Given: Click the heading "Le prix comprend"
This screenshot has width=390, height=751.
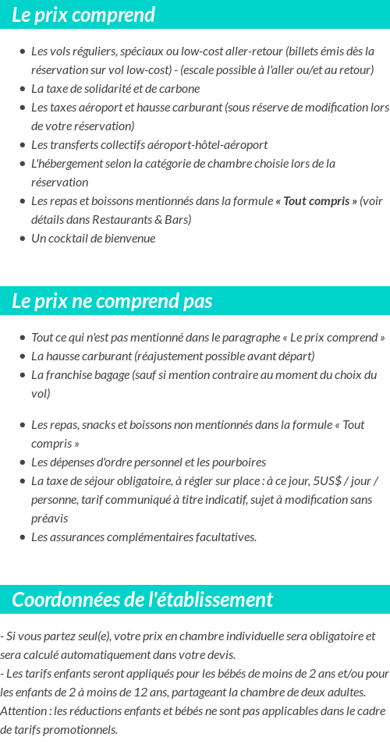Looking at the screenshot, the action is pos(83,15).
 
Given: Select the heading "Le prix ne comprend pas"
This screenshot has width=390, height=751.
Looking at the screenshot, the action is pos(112,302).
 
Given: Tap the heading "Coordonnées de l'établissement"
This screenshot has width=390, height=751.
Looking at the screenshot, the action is pos(142,600).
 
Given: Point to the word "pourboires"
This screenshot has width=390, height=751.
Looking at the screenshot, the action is pos(239,462).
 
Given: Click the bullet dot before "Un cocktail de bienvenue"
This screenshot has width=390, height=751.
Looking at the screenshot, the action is pos(22,239).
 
